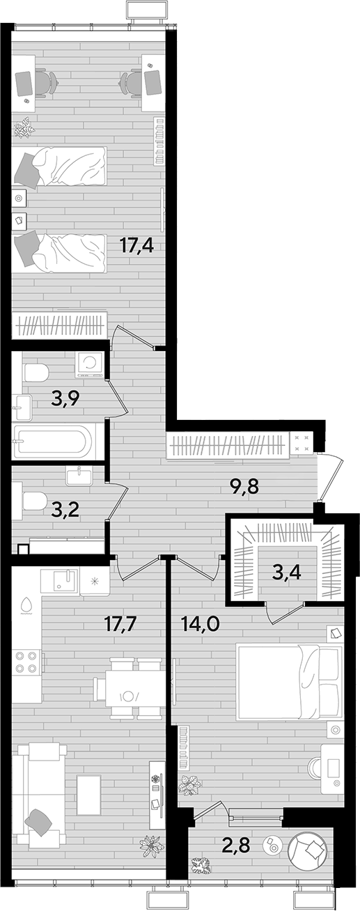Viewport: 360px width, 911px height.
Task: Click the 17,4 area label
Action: pyautogui.click(x=136, y=246)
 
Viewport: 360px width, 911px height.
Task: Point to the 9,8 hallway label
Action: pyautogui.click(x=244, y=486)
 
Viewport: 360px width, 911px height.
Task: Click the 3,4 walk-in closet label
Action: pyautogui.click(x=288, y=573)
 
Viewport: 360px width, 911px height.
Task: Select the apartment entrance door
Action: pyautogui.click(x=329, y=477)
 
